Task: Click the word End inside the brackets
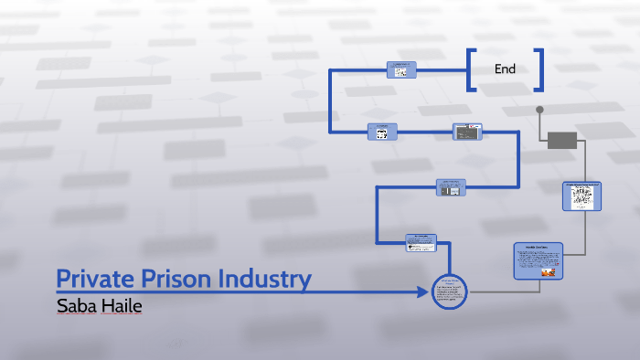coord(505,69)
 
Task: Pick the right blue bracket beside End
coord(539,69)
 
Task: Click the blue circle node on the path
coord(449,292)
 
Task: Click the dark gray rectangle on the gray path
coord(562,140)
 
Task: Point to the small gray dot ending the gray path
coord(539,110)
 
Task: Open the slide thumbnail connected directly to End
coord(400,69)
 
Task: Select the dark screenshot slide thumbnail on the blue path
coord(467,132)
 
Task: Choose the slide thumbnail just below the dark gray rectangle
coord(581,196)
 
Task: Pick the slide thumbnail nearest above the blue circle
coord(421,242)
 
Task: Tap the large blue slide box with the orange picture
coord(538,260)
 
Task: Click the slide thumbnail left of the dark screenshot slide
coord(382,132)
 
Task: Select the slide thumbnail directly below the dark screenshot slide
coord(451,187)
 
